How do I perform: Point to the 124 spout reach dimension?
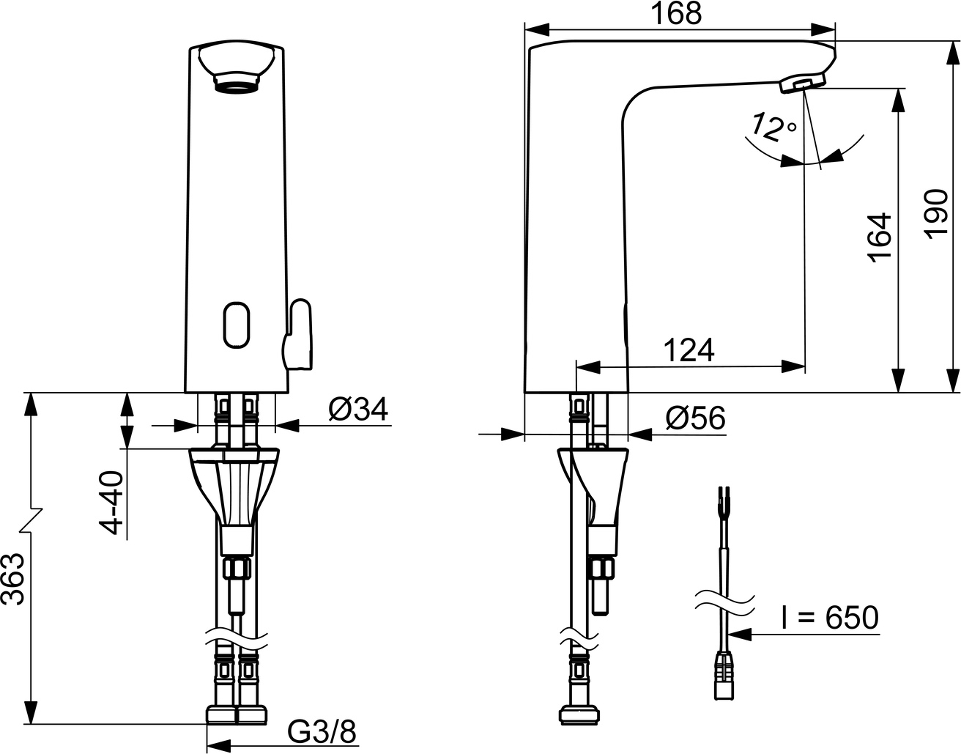click(689, 350)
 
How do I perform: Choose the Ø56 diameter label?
click(695, 418)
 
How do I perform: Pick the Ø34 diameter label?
click(358, 410)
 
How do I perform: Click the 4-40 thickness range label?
click(110, 503)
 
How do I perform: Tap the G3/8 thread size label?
click(322, 730)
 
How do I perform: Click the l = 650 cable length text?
click(828, 618)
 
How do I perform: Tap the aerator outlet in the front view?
click(234, 81)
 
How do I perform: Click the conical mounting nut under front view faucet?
click(234, 484)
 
